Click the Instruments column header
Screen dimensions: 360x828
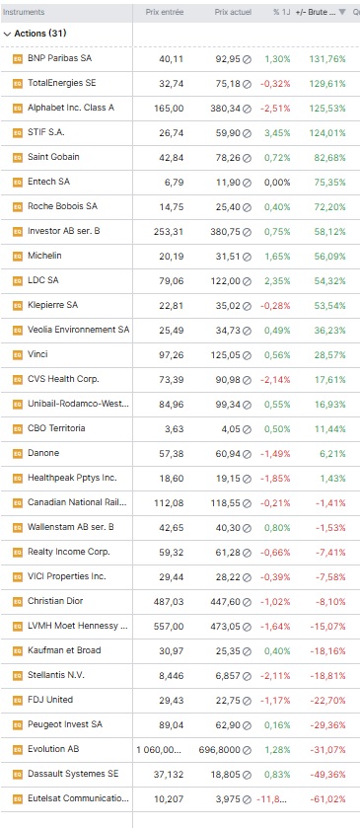tap(24, 12)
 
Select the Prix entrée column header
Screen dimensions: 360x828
tap(165, 12)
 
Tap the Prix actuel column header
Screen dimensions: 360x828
tap(234, 12)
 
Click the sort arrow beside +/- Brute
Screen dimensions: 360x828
tap(342, 12)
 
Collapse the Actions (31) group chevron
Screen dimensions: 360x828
tap(7, 34)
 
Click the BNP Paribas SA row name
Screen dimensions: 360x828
tap(59, 58)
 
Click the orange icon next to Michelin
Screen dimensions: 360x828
tap(18, 257)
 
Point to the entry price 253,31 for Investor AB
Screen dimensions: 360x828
tap(172, 232)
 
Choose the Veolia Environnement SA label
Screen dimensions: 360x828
tap(79, 330)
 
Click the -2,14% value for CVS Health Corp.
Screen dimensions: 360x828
tap(275, 380)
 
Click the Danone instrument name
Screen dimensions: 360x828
tap(43, 453)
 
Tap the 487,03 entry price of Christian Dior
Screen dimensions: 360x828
tap(172, 601)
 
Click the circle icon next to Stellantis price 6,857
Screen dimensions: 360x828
tap(247, 676)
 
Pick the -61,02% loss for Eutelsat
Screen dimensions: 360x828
tap(328, 799)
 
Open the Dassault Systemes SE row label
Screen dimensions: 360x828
tap(73, 774)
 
